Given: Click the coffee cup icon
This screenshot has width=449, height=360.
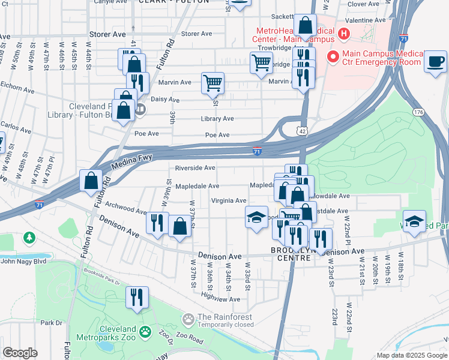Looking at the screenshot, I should point(435,61).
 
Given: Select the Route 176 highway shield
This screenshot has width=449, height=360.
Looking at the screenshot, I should point(418,112).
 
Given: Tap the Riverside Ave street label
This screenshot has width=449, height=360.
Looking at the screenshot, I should point(195,168).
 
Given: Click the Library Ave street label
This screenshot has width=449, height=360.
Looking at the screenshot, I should point(217,119).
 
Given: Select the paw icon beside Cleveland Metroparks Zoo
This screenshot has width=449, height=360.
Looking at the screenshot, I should point(145,331).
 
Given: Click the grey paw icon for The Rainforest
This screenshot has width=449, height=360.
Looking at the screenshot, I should point(188,317).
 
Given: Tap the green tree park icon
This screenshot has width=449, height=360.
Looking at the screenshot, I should point(29,238).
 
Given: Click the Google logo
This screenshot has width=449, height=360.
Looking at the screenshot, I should point(20,352).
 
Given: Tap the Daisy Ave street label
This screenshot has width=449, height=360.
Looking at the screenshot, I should point(165,100).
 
